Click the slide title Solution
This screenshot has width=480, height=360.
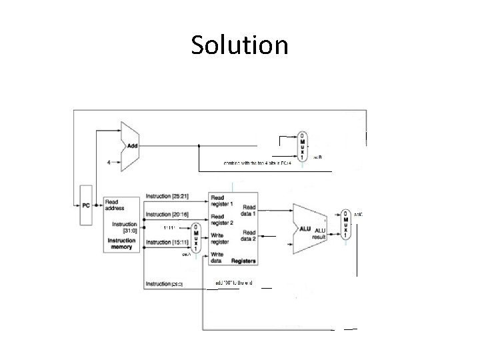pyautogui.click(x=239, y=45)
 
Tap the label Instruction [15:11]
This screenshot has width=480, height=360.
pyautogui.click(x=167, y=241)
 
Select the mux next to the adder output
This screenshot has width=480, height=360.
pyautogui.click(x=302, y=145)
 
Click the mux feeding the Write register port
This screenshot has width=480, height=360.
pyautogui.click(x=195, y=238)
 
